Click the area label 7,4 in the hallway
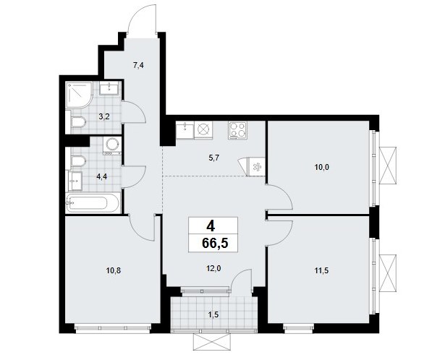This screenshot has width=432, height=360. pyautogui.click(x=139, y=66)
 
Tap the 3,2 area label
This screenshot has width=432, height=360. pyautogui.click(x=104, y=117)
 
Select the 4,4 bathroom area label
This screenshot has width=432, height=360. pyautogui.click(x=101, y=176)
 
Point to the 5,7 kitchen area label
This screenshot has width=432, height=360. pyautogui.click(x=213, y=158)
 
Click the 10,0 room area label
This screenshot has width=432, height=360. pyautogui.click(x=322, y=167)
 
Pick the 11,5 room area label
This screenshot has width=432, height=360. pyautogui.click(x=322, y=271)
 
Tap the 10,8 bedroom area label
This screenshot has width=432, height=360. pyautogui.click(x=114, y=271)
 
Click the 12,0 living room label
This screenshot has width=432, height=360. pyautogui.click(x=213, y=269)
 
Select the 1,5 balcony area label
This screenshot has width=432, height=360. pyautogui.click(x=213, y=314)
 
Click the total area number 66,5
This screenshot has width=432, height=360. pyautogui.click(x=215, y=244)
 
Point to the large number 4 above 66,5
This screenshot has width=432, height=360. pyautogui.click(x=211, y=226)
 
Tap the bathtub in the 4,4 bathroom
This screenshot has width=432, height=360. pyautogui.click(x=93, y=203)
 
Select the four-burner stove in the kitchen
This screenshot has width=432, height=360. pyautogui.click(x=237, y=130)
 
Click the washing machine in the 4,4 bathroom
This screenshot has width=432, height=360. pyautogui.click(x=112, y=147)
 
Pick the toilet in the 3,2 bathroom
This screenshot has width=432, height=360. pyautogui.click(x=78, y=122)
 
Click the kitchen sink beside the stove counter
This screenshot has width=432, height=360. pyautogui.click(x=185, y=129)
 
